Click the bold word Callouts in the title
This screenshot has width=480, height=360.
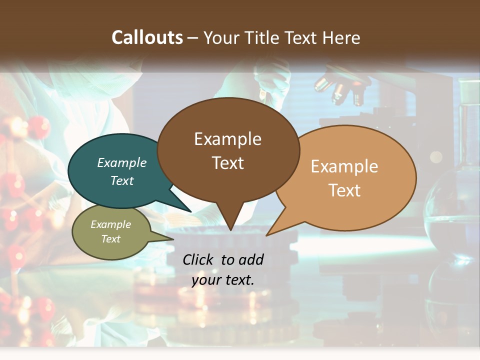(x=147, y=37)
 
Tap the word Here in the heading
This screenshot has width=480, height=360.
(x=342, y=37)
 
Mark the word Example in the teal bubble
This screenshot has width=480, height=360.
(x=121, y=163)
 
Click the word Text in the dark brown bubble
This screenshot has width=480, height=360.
(x=228, y=163)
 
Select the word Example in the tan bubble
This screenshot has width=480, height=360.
(x=344, y=166)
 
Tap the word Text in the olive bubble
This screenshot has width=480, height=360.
(x=110, y=239)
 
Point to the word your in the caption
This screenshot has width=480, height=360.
(x=206, y=280)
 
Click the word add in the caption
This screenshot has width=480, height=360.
(x=250, y=259)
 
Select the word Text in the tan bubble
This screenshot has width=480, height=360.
(x=344, y=190)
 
